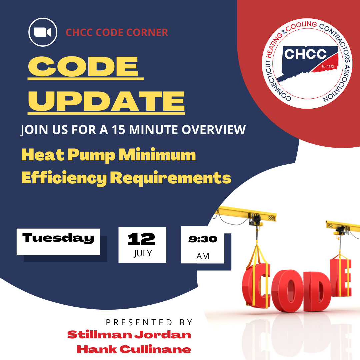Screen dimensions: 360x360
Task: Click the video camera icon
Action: tap(43, 32)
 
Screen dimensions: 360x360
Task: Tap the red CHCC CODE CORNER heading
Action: tap(117, 33)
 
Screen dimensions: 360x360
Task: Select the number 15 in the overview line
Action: tap(118, 130)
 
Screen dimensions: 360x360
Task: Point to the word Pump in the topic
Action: tap(91, 155)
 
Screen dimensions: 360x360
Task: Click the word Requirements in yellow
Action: tap(171, 178)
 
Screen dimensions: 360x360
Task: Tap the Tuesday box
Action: tap(58, 242)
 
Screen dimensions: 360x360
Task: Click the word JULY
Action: tap(143, 253)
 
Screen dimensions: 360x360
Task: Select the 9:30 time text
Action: tap(203, 239)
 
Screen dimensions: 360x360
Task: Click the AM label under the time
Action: tap(203, 256)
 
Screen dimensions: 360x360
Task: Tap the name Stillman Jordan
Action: tap(129, 335)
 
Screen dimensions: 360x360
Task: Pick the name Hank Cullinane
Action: tap(134, 349)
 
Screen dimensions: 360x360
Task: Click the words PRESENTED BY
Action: tap(149, 323)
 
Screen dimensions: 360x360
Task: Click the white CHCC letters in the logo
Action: tap(305, 54)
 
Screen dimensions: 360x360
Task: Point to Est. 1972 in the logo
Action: tap(328, 66)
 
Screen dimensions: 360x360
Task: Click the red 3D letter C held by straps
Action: tap(257, 287)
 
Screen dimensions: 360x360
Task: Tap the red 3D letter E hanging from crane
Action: tap(341, 278)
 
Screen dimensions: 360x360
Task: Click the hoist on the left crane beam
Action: tap(255, 220)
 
